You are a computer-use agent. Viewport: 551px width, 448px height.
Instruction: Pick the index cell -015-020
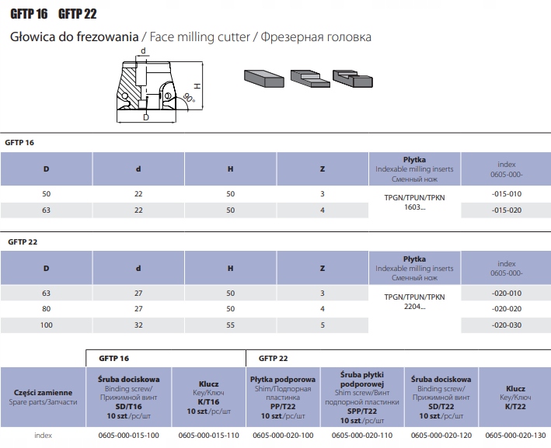pos(506,210)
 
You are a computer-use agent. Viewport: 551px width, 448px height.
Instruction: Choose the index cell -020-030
pos(506,325)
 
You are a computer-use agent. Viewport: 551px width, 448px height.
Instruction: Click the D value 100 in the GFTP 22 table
pos(47,325)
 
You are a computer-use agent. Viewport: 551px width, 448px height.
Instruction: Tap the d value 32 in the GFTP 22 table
pos(138,325)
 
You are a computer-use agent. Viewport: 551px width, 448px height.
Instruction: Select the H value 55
pos(230,325)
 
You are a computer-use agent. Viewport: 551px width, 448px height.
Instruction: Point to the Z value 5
pos(323,325)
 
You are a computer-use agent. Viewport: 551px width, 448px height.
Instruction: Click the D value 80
pos(47,308)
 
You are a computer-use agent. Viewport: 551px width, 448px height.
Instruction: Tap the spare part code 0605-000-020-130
pos(515,436)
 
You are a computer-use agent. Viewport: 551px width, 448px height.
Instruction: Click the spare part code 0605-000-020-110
pos(360,436)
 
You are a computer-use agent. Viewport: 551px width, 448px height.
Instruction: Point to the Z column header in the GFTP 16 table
pos(323,168)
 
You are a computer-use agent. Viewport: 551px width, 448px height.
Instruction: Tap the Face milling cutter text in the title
pos(197,36)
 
